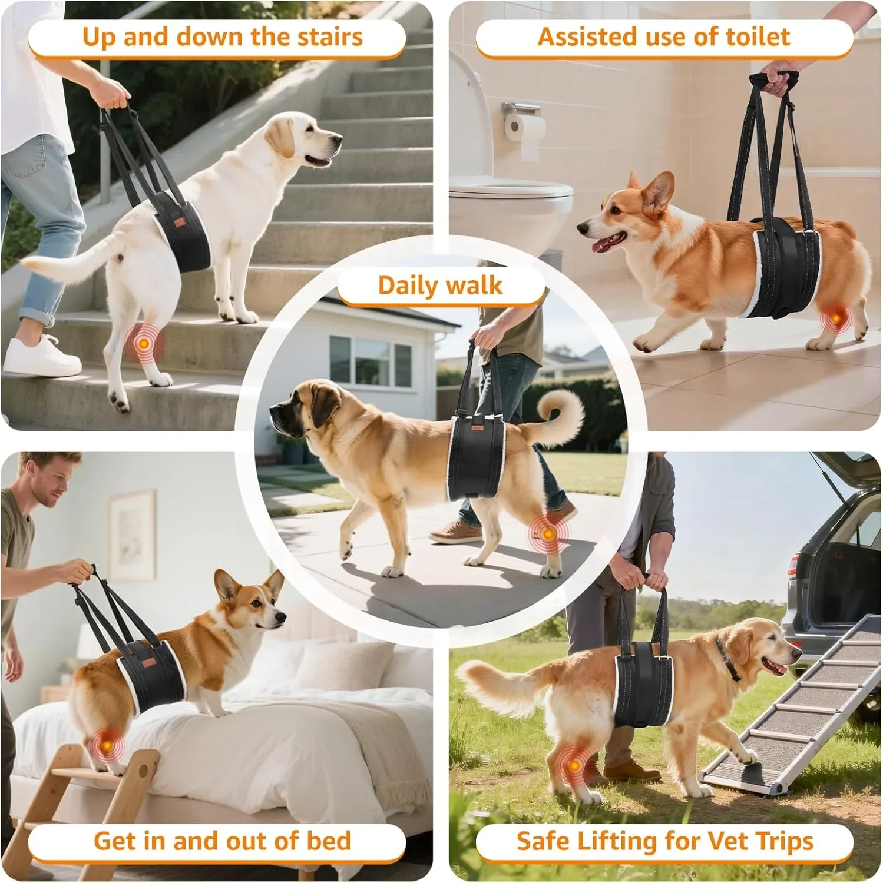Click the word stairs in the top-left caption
330,37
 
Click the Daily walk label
440,286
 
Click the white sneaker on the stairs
41,356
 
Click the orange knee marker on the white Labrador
144,343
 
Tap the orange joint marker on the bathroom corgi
835,318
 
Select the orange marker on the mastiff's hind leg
548,534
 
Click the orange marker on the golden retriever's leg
573,766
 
